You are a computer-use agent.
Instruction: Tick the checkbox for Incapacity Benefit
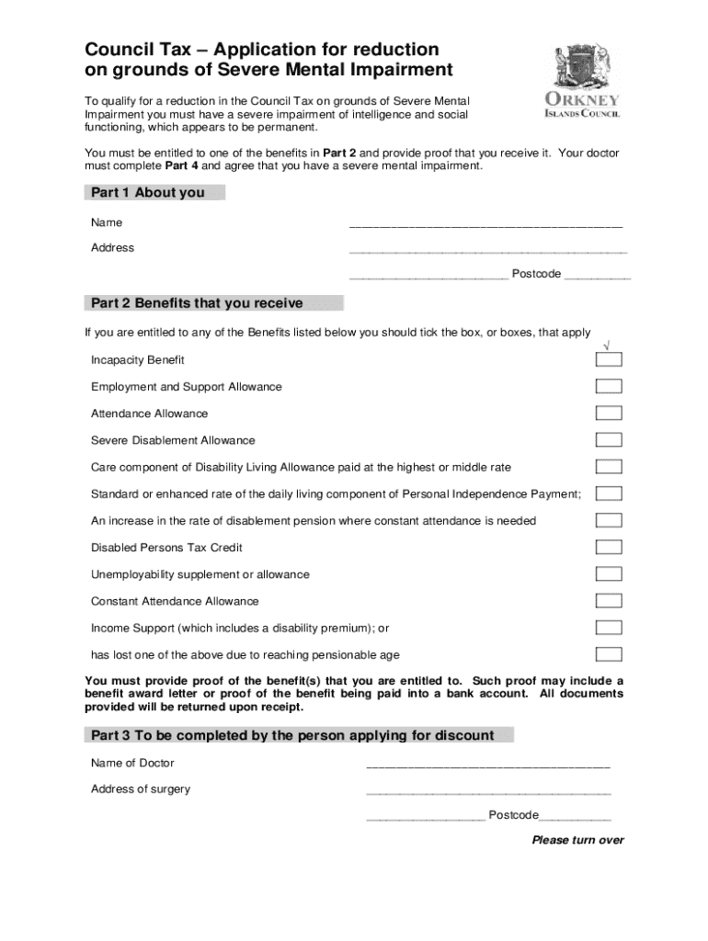click(609, 360)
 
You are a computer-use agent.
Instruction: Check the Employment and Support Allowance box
click(609, 387)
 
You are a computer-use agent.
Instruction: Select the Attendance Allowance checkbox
click(609, 414)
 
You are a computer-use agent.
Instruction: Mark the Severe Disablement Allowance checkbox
click(609, 440)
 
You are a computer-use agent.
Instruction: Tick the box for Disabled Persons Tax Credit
click(609, 548)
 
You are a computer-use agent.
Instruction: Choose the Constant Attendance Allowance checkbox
click(609, 601)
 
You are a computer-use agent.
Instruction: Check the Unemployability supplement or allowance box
click(609, 574)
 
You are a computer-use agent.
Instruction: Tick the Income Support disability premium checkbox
click(609, 628)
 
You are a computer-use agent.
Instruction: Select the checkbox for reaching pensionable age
click(609, 655)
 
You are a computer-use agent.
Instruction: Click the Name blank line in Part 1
click(485, 223)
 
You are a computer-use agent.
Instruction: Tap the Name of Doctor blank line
click(487, 764)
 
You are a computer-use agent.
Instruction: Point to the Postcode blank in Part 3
click(575, 816)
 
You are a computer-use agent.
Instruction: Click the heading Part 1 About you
click(147, 193)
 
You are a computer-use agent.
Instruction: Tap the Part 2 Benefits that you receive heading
click(197, 303)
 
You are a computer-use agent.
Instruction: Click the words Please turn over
click(577, 840)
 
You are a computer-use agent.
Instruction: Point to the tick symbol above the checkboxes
click(606, 345)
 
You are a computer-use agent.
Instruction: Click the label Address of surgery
click(141, 789)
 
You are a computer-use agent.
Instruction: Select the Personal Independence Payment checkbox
click(609, 494)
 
